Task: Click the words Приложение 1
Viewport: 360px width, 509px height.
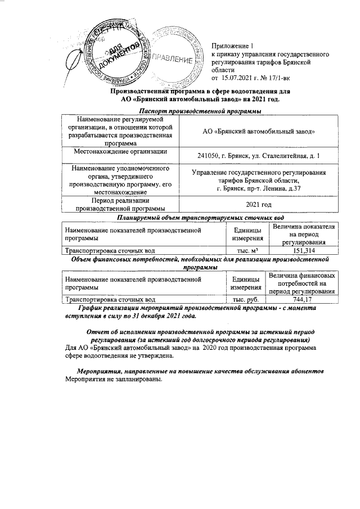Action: pyautogui.click(x=233, y=46)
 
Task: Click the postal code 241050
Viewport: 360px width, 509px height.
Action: pyautogui.click(x=209, y=155)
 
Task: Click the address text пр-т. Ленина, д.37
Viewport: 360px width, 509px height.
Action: pyautogui.click(x=276, y=188)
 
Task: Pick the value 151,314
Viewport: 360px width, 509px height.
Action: pyautogui.click(x=303, y=251)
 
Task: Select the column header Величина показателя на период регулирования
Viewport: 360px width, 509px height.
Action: pyautogui.click(x=303, y=234)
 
